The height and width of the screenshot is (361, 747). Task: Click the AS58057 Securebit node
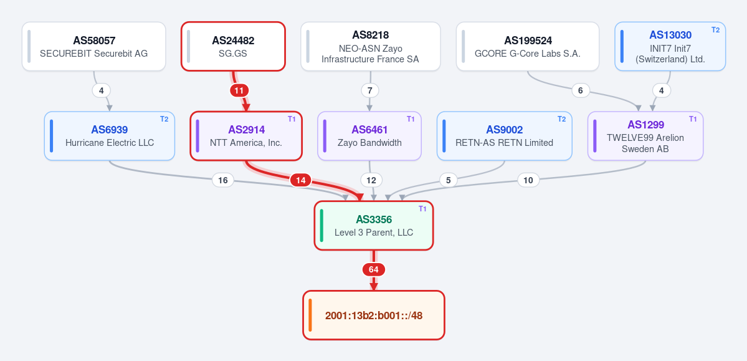(x=94, y=46)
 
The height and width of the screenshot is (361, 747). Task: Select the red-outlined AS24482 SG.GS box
(x=233, y=46)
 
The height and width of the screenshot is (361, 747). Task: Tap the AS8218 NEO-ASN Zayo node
(x=371, y=46)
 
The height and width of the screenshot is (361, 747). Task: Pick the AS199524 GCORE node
(x=528, y=46)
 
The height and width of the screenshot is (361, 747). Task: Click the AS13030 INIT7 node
(x=670, y=46)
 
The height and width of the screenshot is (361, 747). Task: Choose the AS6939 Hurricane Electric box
(x=110, y=136)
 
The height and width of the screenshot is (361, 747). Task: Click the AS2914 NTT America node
(x=246, y=136)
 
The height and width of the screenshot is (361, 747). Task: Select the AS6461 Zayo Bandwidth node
(x=369, y=136)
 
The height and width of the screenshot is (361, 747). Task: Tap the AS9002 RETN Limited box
(x=505, y=136)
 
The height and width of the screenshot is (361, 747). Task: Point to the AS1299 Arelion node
(x=645, y=136)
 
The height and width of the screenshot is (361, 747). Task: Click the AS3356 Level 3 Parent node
(x=374, y=226)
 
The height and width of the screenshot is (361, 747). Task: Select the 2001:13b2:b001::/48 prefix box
(x=374, y=315)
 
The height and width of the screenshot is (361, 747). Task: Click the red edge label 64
(x=374, y=270)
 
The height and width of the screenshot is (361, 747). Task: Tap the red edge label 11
(x=239, y=90)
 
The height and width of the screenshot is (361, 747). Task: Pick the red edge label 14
(x=301, y=180)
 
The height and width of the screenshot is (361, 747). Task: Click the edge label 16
(x=222, y=180)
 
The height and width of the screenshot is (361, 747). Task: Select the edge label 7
(x=370, y=90)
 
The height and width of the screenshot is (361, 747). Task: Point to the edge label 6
(x=580, y=90)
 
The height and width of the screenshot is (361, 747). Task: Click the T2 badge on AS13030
(x=716, y=29)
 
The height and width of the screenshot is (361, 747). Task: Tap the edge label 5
(x=449, y=180)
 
